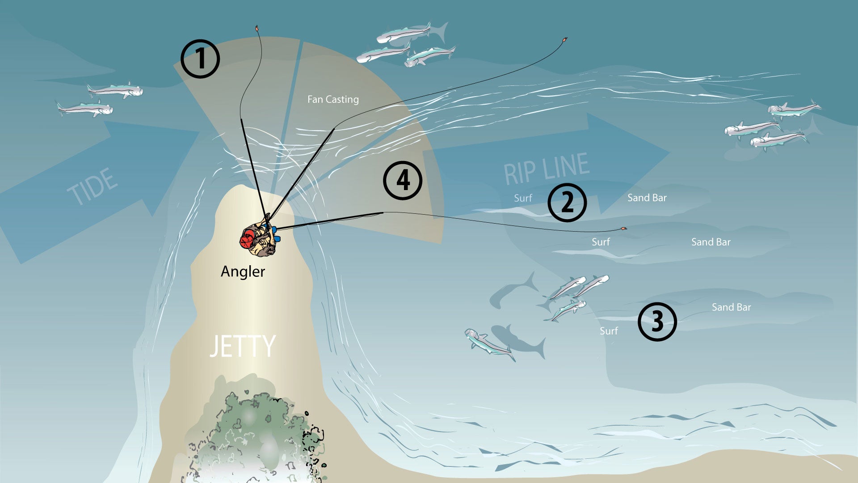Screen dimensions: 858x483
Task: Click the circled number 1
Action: [200, 59]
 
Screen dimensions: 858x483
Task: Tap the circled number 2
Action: [567, 203]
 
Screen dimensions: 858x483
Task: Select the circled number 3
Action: [657, 322]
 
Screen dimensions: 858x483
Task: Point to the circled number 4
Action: [403, 180]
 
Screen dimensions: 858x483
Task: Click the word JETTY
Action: [243, 346]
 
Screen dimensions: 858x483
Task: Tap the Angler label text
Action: [243, 271]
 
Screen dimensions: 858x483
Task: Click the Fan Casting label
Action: [333, 99]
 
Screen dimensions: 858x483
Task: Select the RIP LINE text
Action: [546, 169]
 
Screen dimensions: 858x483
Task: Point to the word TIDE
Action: [93, 186]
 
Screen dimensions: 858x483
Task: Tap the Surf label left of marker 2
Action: [523, 198]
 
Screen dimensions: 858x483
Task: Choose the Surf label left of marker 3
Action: [609, 331]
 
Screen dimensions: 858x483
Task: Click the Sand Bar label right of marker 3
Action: [731, 307]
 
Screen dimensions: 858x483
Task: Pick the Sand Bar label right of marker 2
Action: [647, 198]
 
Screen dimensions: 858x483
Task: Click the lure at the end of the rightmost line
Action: [624, 229]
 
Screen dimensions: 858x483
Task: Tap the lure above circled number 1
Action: [257, 28]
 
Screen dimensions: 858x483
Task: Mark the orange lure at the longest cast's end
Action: [564, 40]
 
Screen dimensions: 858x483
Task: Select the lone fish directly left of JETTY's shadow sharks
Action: [489, 345]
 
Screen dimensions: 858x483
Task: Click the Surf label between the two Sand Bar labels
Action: [601, 242]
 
